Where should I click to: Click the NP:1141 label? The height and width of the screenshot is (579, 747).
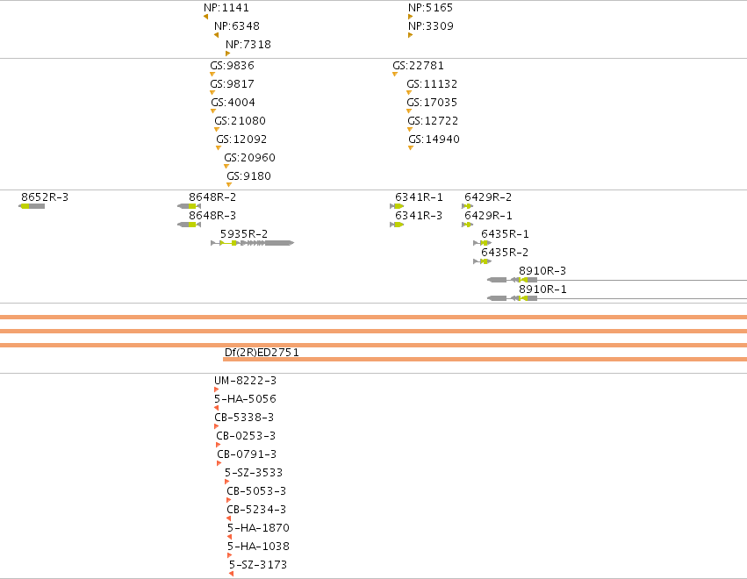226,8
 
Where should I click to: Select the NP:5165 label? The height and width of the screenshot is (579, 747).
431,8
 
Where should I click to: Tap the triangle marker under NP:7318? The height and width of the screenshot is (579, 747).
227,54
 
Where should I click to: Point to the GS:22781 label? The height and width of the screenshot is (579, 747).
419,65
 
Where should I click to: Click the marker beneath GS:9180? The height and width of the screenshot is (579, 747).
229,185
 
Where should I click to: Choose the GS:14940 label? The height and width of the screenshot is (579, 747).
434,139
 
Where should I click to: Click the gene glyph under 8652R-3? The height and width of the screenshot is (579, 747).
32,206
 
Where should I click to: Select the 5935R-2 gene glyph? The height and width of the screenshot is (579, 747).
253,243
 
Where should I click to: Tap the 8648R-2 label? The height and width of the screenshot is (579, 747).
212,197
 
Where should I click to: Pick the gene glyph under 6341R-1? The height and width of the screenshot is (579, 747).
397,206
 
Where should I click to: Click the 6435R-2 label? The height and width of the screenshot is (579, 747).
505,253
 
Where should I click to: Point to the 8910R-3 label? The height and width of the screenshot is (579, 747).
542,271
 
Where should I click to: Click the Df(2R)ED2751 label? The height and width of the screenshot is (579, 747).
262,353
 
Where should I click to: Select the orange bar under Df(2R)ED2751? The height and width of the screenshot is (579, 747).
485,360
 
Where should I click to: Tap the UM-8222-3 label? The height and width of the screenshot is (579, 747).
246,381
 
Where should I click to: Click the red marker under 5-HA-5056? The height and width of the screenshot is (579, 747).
216,408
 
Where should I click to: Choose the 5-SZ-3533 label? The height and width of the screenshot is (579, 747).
254,472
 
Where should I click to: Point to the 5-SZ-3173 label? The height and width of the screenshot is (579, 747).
258,565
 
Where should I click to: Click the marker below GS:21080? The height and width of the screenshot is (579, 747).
217,130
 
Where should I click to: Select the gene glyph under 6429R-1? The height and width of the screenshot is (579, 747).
467,225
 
